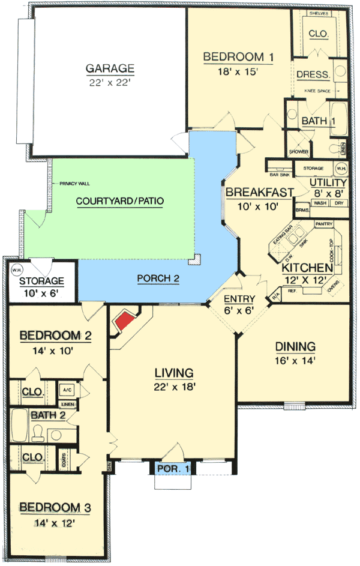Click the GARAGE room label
(x=109, y=68)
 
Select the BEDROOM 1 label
(x=238, y=57)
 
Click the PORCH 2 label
(x=158, y=278)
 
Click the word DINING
(x=295, y=346)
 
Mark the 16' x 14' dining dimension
(x=295, y=361)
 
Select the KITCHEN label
(x=308, y=267)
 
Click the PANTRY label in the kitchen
(x=323, y=224)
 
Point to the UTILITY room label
(x=328, y=182)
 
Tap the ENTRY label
(x=239, y=299)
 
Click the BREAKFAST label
(x=259, y=192)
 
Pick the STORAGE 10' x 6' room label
(x=41, y=281)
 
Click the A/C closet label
(x=67, y=390)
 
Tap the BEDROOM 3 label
(x=55, y=508)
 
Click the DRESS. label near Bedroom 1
(x=313, y=75)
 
